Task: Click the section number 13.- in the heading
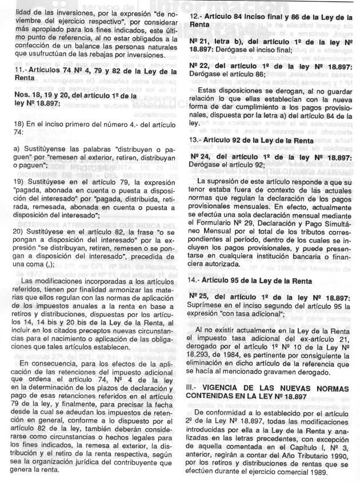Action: (x=197, y=140)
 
